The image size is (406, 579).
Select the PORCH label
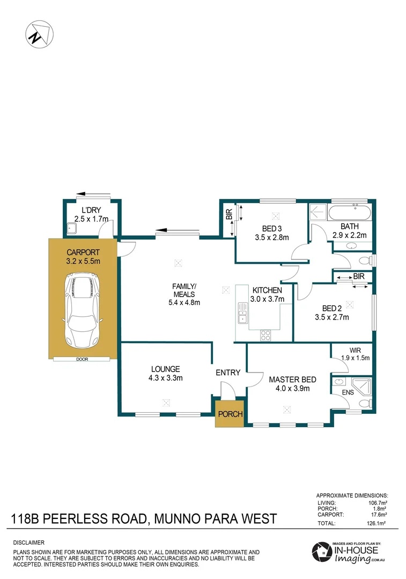pos(230,414)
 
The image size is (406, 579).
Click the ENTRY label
pos(228,373)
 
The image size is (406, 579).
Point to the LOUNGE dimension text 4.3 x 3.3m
pos(165,378)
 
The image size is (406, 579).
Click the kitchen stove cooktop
pos(265,335)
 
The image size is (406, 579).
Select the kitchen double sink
pos(242,313)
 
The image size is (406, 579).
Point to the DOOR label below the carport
pos(82,360)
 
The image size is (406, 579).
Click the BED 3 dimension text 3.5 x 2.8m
pos(271,237)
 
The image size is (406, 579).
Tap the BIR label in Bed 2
pos(358,276)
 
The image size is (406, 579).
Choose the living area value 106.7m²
pos(377,503)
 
